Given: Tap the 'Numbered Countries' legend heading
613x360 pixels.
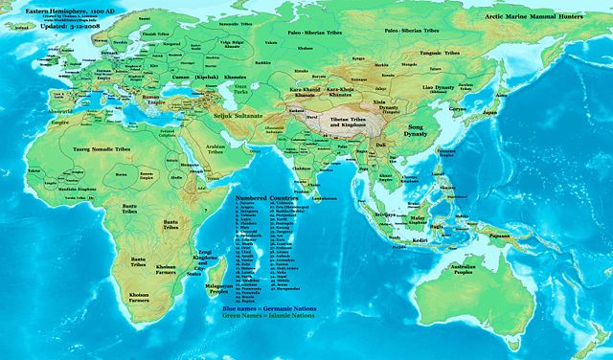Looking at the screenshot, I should tap(263, 197).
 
